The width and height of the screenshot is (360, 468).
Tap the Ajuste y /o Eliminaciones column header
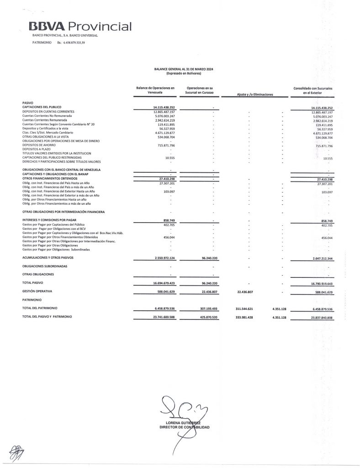coord(254,94)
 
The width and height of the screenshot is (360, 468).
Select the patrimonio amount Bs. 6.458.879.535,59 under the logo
coord(70,42)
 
